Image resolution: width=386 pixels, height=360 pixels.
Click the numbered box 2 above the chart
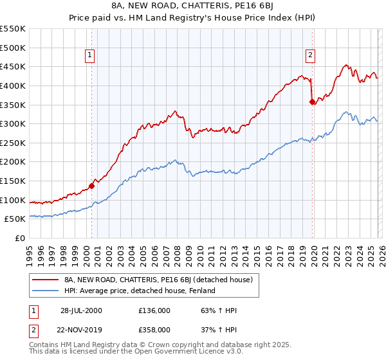point(310,55)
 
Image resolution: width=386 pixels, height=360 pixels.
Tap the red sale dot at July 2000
point(91,186)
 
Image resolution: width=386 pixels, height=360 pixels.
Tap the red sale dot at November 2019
point(312,102)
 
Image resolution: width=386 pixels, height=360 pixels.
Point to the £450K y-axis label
point(13,67)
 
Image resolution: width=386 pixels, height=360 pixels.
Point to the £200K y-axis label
point(13,162)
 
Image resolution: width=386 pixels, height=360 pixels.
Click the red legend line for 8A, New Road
point(45,280)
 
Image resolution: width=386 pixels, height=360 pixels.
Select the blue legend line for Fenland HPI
point(45,291)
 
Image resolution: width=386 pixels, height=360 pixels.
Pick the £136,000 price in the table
point(154,310)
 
